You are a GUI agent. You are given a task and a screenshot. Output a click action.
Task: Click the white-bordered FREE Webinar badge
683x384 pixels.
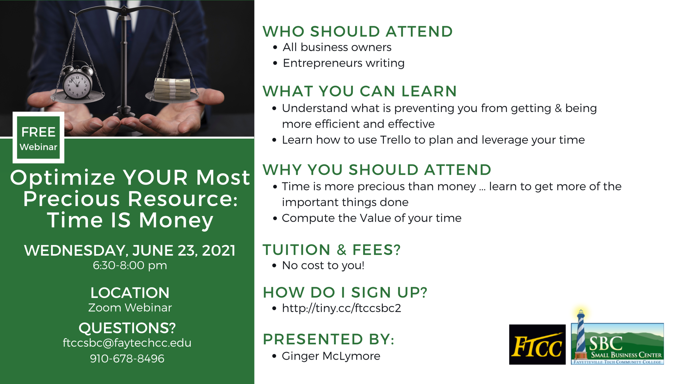coord(38,138)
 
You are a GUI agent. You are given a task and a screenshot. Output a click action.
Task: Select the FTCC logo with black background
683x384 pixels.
coord(537,344)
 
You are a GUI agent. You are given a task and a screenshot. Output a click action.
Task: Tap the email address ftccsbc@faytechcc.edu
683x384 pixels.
coord(127,343)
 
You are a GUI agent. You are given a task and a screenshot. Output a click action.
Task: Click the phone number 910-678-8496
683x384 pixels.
coord(127,359)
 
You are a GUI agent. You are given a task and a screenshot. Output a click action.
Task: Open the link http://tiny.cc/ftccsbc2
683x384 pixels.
coord(341,308)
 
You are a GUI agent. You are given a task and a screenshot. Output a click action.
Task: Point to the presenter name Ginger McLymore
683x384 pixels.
coord(331,356)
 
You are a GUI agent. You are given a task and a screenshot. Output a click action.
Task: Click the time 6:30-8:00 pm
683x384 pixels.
coord(130,265)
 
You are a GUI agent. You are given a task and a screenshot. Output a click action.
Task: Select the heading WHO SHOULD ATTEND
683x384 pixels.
coord(358,32)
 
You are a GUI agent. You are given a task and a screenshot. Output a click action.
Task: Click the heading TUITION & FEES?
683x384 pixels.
coord(331,250)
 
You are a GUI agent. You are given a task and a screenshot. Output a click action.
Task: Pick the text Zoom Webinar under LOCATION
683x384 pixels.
coord(130,308)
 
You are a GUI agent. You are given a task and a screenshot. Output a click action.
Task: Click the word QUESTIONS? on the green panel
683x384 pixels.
coord(127,328)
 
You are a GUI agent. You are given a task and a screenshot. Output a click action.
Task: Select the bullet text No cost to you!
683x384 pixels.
coord(323,265)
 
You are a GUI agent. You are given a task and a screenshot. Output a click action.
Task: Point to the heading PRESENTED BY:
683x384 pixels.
coord(328,339)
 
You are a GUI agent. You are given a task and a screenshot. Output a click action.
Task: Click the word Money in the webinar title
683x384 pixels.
coord(176,221)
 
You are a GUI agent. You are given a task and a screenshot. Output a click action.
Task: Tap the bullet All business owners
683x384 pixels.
coord(337,47)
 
